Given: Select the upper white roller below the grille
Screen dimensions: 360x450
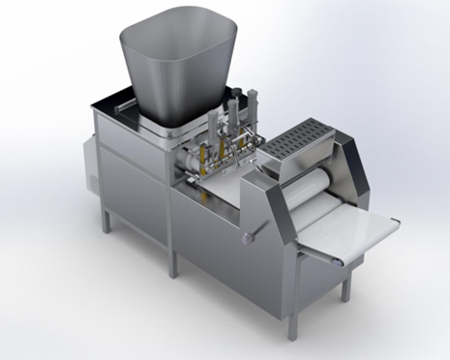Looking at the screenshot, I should [310, 180].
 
